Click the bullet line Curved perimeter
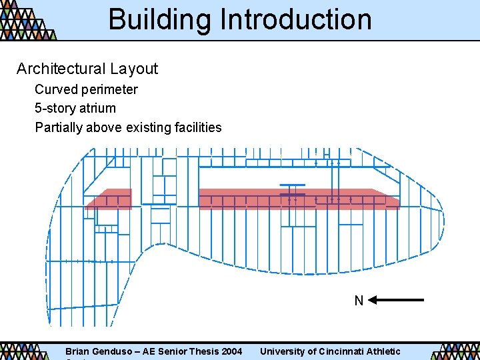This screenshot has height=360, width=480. point(86,89)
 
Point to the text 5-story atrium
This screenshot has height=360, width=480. point(75,108)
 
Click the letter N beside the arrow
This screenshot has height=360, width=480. point(359,301)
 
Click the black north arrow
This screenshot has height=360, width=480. point(396,300)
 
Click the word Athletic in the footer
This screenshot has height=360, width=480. point(383,351)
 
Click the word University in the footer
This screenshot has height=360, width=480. point(283,351)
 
